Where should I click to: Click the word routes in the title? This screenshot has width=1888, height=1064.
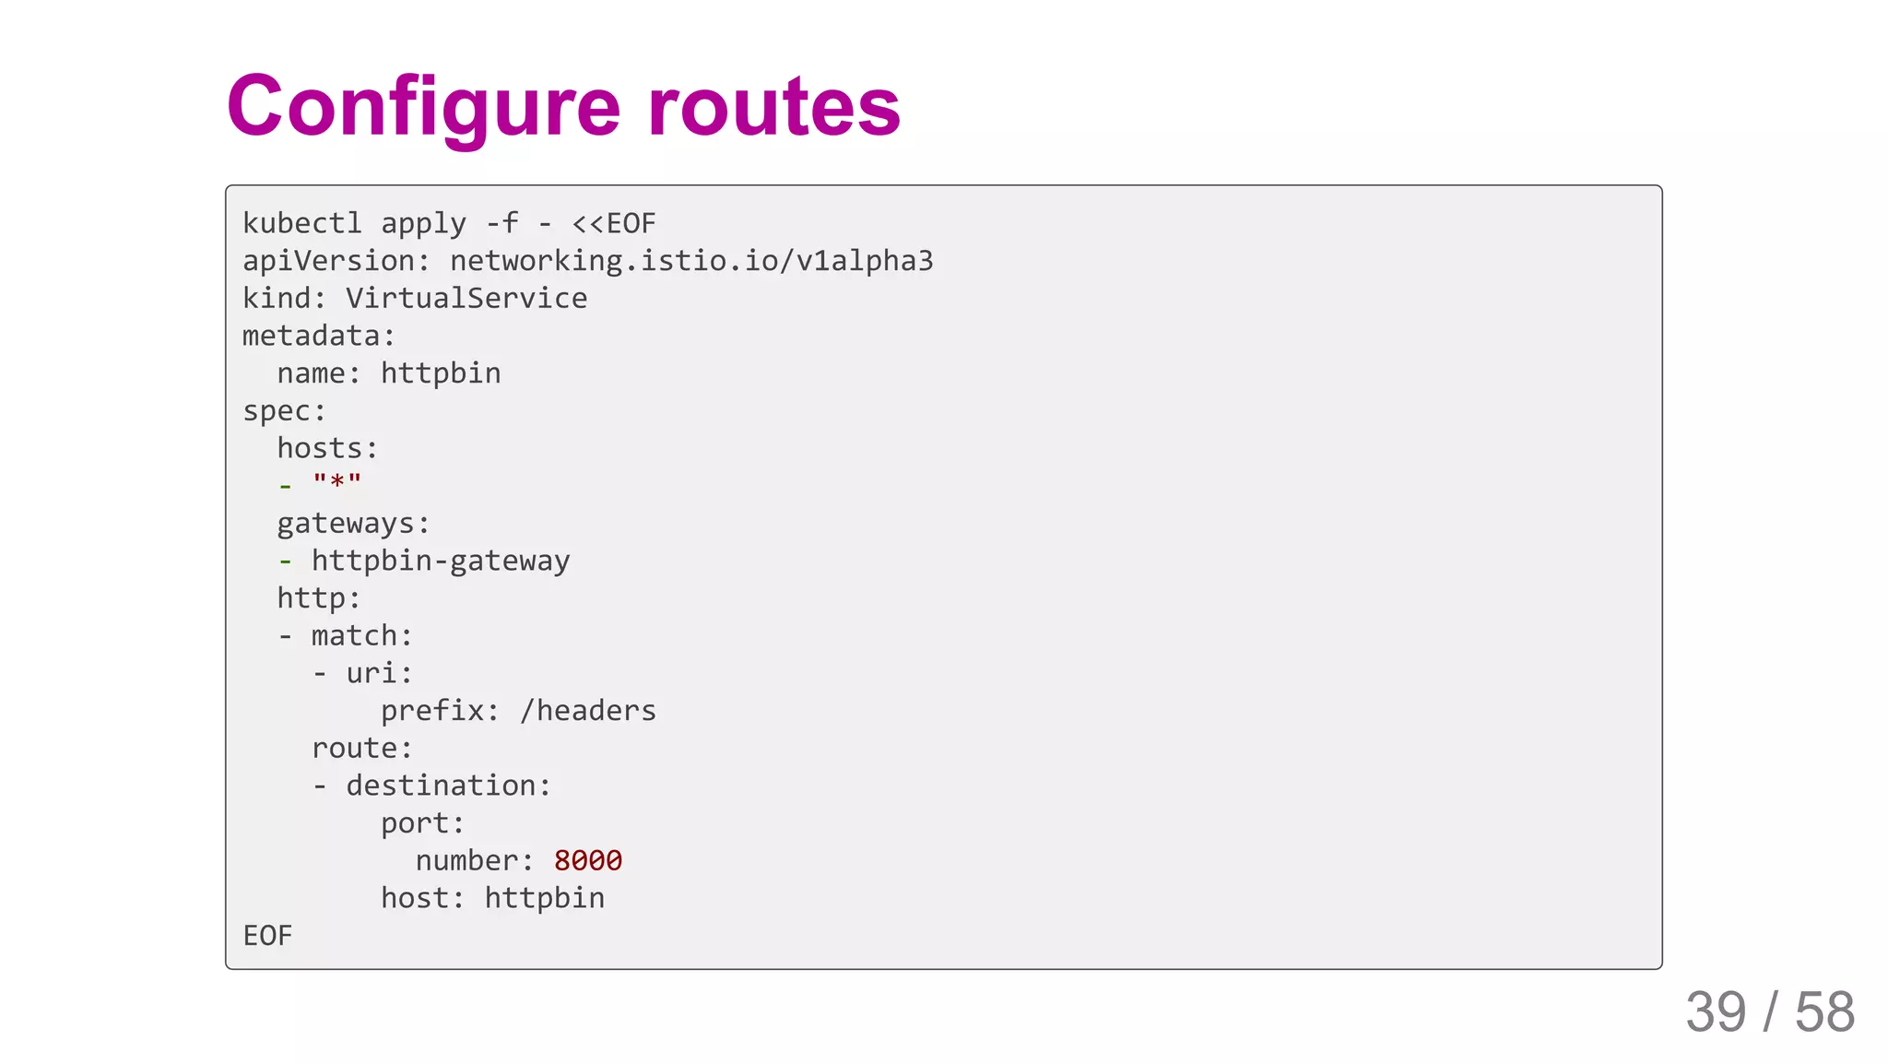click(x=773, y=108)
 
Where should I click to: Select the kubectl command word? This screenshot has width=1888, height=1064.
click(x=302, y=224)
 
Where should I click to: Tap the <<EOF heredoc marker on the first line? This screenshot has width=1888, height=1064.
click(x=614, y=224)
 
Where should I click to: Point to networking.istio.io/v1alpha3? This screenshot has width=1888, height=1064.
click(x=691, y=262)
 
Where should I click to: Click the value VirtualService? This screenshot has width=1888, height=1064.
click(x=466, y=299)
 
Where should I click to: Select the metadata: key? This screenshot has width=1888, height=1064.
click(x=319, y=337)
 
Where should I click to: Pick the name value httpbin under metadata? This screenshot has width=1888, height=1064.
click(x=441, y=373)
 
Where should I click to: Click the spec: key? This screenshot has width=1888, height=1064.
click(x=284, y=411)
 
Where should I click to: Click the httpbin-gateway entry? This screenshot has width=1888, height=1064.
click(x=441, y=562)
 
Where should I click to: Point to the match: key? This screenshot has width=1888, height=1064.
click(x=361, y=636)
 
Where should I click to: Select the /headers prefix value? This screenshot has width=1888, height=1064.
click(x=587, y=711)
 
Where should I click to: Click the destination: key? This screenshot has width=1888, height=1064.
click(x=448, y=786)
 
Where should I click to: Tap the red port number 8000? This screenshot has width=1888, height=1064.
click(x=588, y=861)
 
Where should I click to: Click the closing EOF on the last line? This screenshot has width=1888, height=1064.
click(x=267, y=936)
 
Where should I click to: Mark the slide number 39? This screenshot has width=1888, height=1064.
click(x=1716, y=1012)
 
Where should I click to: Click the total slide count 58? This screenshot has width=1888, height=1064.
click(x=1824, y=1012)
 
